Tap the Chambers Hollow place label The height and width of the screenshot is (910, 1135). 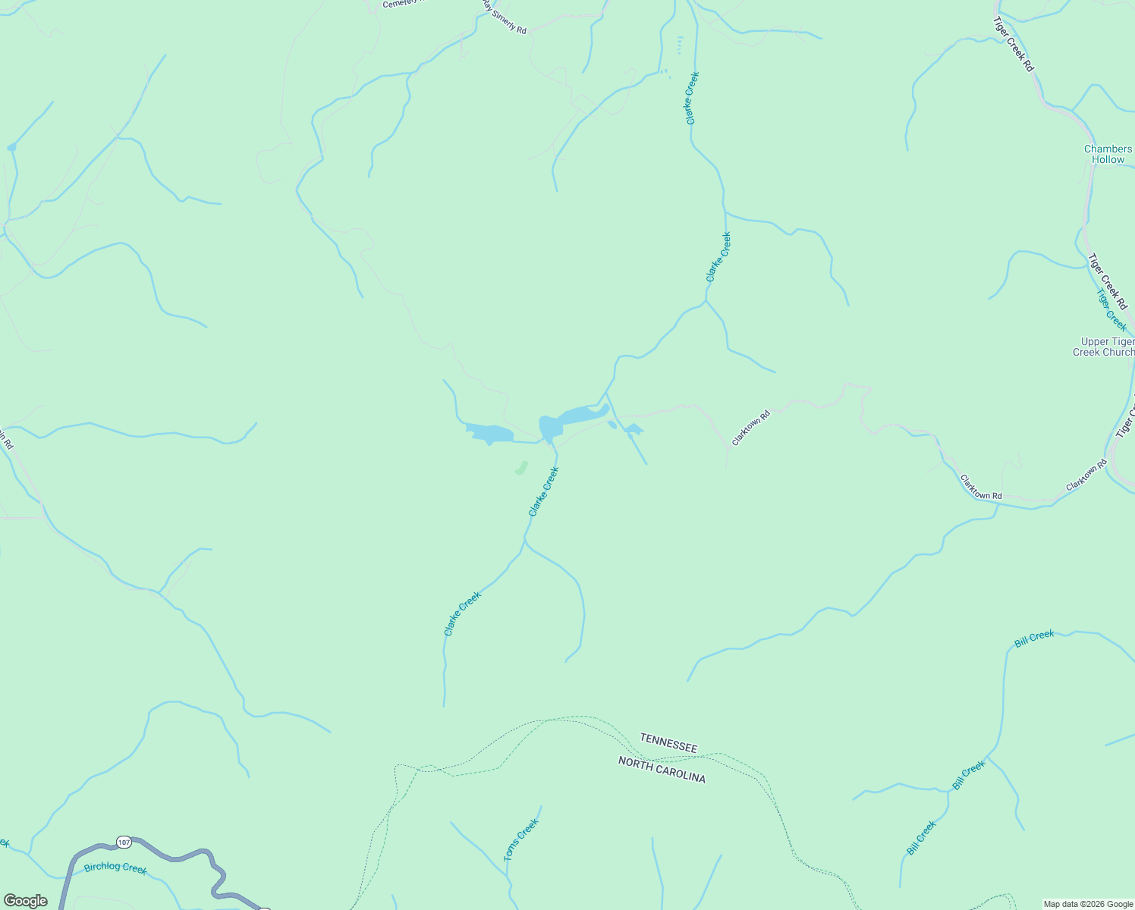(x=1108, y=155)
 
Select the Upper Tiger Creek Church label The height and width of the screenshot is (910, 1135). (x=1105, y=347)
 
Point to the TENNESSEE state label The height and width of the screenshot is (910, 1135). (x=668, y=742)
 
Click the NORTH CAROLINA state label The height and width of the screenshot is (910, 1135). (x=662, y=770)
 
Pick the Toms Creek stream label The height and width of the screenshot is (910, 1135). (x=521, y=839)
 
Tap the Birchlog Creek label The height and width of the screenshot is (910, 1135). (x=115, y=868)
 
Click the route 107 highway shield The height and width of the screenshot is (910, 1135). (x=124, y=843)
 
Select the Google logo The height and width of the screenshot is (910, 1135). (x=25, y=901)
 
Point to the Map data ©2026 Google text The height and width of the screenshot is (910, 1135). (x=1088, y=904)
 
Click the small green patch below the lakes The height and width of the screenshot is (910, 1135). (x=521, y=468)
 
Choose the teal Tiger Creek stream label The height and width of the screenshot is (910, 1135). (x=1111, y=309)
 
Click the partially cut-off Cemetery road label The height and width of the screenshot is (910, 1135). (x=402, y=4)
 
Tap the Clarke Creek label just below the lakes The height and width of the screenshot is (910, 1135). (x=543, y=491)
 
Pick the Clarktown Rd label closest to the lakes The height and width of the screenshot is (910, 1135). (x=750, y=428)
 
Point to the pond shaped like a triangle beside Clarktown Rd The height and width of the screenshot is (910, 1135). (x=634, y=430)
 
